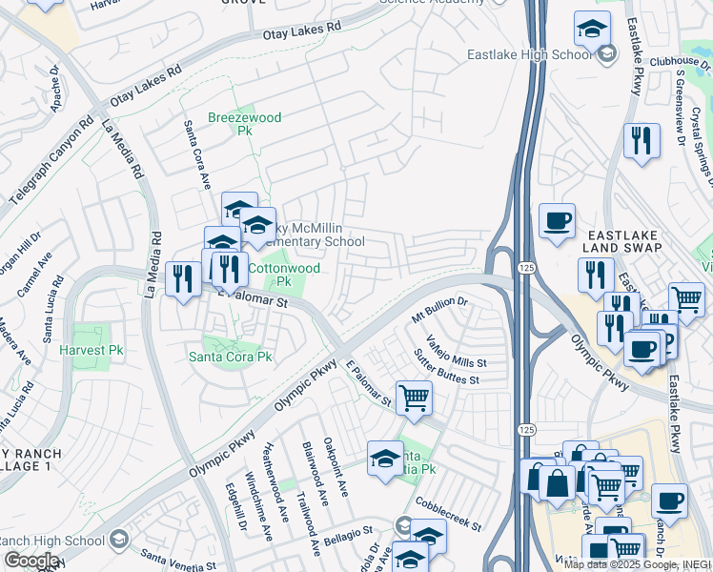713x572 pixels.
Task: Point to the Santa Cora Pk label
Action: click(230, 357)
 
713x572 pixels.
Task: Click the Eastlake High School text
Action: click(529, 54)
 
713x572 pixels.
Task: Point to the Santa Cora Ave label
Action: click(196, 154)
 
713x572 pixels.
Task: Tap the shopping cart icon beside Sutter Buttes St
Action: click(414, 398)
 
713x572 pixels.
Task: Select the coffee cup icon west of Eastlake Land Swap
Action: click(557, 220)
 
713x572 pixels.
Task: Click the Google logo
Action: click(31, 561)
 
